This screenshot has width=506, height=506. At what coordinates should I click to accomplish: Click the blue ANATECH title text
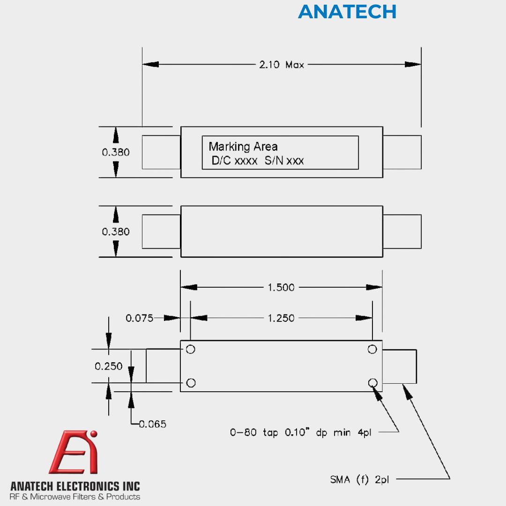347,12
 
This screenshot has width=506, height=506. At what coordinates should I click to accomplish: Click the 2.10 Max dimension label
282,65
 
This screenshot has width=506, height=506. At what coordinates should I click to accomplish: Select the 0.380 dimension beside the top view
116,152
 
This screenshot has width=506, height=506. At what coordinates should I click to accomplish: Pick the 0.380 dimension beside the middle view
116,231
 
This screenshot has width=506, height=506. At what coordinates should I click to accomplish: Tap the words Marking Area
243,147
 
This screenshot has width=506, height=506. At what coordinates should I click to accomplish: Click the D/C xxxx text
234,160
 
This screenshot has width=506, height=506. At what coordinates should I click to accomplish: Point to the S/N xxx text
284,160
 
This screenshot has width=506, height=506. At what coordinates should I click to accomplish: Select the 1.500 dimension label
281,287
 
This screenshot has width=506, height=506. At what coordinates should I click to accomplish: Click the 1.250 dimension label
281,318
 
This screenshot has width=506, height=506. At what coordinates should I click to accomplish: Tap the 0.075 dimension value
140,318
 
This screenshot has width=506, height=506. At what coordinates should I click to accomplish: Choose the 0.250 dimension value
108,366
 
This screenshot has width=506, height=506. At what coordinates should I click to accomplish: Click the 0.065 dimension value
153,424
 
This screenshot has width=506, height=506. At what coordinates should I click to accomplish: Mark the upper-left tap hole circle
190,349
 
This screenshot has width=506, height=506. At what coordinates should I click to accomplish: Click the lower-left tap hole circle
191,383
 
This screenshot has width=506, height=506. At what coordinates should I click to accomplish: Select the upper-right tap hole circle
372,349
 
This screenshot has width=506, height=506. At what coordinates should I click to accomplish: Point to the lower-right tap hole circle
372,383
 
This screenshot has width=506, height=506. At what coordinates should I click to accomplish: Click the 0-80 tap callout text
300,432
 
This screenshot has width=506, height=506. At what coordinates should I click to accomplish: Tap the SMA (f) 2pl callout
359,480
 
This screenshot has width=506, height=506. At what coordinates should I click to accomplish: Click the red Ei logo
74,452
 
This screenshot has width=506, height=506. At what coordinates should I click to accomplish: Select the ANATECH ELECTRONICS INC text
75,486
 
